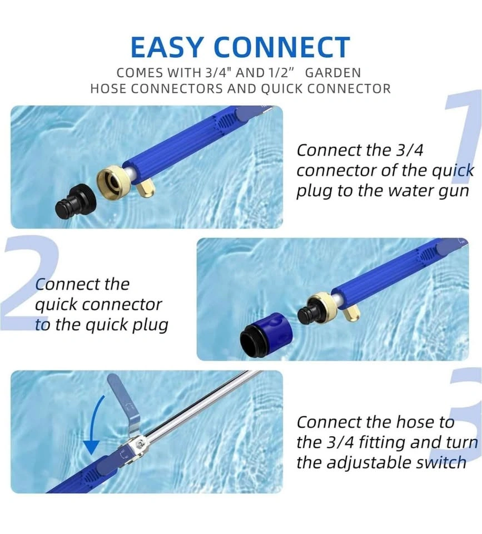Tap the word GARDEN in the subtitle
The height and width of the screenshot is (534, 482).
click(x=333, y=72)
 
